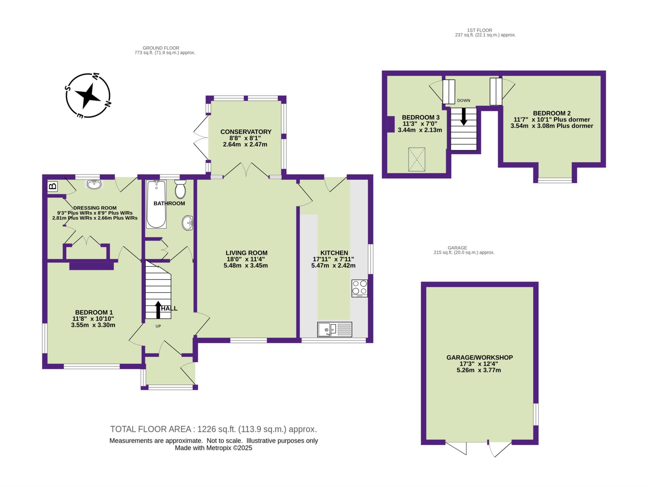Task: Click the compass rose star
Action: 88,96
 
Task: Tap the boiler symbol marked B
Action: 53,186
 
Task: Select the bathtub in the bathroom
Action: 156,204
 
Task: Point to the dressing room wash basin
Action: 94,184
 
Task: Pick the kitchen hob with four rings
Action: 359,288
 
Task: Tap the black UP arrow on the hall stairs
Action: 158,310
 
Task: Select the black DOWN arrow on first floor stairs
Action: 464,116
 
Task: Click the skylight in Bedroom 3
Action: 417,159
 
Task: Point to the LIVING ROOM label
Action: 246,253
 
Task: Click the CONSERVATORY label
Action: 246,132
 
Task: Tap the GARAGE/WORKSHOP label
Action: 479,358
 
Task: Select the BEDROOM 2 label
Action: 552,113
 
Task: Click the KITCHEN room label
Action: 334,253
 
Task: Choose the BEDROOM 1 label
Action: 94,312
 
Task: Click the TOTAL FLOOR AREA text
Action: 151,429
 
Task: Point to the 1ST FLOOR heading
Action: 483,30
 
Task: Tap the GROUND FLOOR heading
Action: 161,48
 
